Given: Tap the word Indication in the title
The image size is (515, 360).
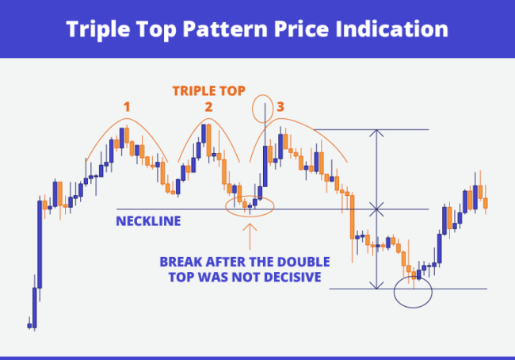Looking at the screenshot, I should tap(391, 29).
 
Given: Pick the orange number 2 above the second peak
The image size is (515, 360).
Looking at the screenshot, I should tap(208, 107).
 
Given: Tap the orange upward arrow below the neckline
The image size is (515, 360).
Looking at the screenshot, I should tap(250, 237).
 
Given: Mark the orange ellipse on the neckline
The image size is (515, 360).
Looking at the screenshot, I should tap(250, 206).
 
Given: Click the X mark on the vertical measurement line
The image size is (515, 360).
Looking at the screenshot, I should tap(377, 209).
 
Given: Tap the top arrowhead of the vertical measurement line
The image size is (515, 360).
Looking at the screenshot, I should tap(377, 132).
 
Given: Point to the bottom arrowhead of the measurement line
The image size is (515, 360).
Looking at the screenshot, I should tap(377, 285).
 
